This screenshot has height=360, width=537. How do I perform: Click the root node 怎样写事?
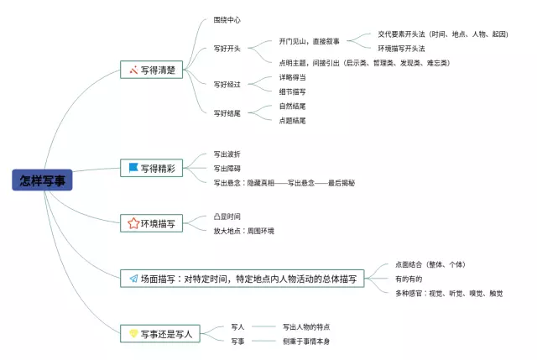[x=43, y=180]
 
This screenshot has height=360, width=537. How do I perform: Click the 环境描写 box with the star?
[x=152, y=223]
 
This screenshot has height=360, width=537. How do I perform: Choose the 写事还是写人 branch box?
[x=159, y=333]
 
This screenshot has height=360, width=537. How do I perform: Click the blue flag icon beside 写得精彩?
[x=133, y=168]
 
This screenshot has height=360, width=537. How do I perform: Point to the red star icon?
[x=133, y=223]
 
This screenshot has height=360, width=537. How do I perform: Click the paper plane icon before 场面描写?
[x=133, y=279]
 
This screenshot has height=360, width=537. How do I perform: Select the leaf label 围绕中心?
[x=227, y=19]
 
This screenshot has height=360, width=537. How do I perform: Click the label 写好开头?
[x=227, y=49]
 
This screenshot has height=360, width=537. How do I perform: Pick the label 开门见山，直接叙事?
[x=309, y=41]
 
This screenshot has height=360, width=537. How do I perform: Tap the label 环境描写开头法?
[x=401, y=49]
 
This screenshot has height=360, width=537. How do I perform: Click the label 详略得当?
[x=293, y=77]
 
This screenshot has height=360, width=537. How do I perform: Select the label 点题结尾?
[x=293, y=120]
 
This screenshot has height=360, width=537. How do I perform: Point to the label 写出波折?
[x=227, y=154]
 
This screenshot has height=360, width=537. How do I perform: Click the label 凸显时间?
[x=227, y=217]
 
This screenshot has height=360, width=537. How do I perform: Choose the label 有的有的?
[x=409, y=279]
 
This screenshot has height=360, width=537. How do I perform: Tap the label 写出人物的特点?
[x=312, y=326]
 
